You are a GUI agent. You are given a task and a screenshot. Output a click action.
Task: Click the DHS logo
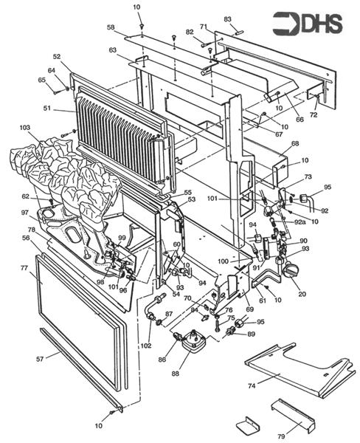pos(308,24)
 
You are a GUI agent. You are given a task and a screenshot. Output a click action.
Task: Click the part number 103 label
pos(25,128)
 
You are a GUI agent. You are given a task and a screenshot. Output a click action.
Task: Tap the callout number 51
pos(48,108)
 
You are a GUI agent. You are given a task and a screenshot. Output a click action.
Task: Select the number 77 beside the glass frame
pos(24,267)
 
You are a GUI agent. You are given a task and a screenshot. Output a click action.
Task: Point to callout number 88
pos(175,374)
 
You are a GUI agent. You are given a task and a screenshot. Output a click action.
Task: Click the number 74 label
pos(252,385)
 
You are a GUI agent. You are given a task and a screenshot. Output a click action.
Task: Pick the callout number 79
pos(281,437)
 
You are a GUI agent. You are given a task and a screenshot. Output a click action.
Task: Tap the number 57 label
pos(40,359)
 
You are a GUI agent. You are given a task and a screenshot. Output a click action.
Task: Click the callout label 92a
pos(300,221)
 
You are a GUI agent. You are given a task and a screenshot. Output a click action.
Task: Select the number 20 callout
pos(302,294)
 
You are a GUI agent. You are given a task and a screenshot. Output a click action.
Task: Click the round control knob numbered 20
pos(291,270)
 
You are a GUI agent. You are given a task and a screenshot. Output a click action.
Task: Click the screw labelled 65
pos(56,92)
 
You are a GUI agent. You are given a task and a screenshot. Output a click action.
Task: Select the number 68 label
pos(295,144)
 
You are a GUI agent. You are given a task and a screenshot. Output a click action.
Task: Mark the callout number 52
pos(57,57)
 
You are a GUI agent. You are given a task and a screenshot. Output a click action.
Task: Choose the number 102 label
pos(146,346)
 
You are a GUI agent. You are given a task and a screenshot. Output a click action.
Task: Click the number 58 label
pos(111,27)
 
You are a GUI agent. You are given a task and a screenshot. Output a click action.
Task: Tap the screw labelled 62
pos(52,202)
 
